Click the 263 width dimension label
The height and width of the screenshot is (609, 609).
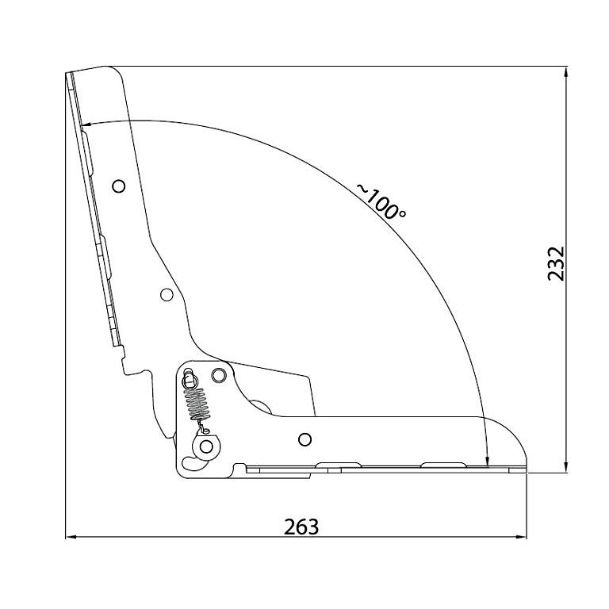point(301,527)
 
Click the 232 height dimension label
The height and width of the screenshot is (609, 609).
point(556,263)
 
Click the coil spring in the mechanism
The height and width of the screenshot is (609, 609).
point(197,404)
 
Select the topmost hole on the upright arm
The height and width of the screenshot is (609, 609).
point(118,186)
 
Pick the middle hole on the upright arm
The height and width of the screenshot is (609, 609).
point(167,295)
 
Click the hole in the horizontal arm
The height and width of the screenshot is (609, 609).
point(304,439)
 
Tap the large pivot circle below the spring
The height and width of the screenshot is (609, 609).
point(206,446)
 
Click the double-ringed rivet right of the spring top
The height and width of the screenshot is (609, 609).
point(219,375)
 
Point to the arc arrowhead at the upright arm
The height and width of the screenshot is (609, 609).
point(87,125)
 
